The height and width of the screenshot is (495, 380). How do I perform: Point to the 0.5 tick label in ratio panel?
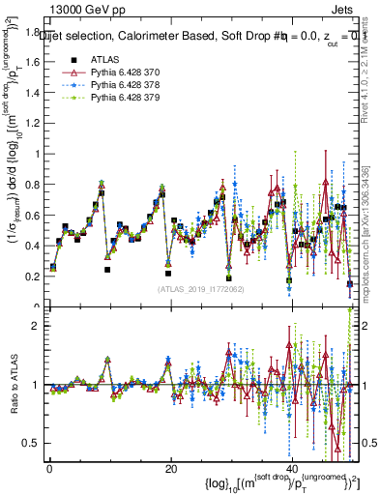click(x=31, y=443)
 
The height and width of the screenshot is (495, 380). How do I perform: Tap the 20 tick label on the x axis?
click(x=170, y=470)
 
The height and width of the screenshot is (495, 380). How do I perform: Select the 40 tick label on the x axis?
click(x=292, y=470)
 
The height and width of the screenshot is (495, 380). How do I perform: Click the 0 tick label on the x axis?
click(x=49, y=470)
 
